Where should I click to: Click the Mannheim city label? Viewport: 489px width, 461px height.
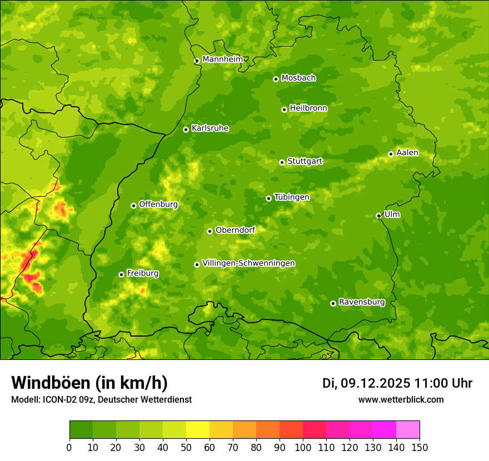point(222,59)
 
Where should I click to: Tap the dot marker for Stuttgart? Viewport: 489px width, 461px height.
point(282,162)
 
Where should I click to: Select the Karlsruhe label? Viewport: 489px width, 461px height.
point(210,128)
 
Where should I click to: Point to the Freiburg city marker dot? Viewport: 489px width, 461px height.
point(121,274)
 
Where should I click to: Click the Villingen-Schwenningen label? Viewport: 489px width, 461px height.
point(248,263)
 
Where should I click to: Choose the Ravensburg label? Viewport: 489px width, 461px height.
point(361,302)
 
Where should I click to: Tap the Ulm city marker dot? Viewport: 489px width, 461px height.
point(378,216)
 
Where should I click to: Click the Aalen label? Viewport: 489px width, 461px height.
point(407,153)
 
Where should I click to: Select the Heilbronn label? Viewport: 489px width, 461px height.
point(308,108)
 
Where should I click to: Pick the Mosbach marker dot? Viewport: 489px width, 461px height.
point(276,79)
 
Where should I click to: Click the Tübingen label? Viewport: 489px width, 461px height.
point(291,197)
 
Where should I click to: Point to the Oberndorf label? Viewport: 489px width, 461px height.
point(235,230)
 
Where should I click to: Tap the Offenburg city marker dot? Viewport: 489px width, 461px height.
point(133,206)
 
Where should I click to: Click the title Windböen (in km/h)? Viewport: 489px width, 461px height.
point(89,383)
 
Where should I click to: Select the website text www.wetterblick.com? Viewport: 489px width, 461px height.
point(401,399)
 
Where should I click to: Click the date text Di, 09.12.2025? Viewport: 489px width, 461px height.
point(366,383)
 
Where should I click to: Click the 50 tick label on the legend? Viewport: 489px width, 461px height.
point(186,447)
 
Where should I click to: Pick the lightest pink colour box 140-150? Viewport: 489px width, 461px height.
point(408,430)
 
